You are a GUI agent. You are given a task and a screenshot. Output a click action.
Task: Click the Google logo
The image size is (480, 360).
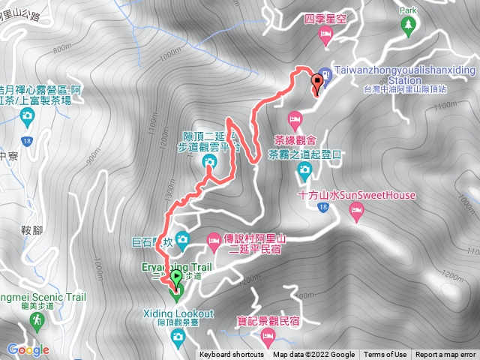28,349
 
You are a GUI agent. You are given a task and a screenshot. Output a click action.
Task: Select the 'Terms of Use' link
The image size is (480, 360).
385,355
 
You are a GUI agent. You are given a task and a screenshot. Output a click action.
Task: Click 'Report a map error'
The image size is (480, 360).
446,355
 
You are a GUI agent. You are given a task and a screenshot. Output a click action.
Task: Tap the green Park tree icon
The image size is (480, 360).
408,27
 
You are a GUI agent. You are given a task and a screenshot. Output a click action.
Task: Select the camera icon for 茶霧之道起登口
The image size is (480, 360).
304,169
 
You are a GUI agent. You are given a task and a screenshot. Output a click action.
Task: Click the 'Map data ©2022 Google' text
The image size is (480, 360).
313,355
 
